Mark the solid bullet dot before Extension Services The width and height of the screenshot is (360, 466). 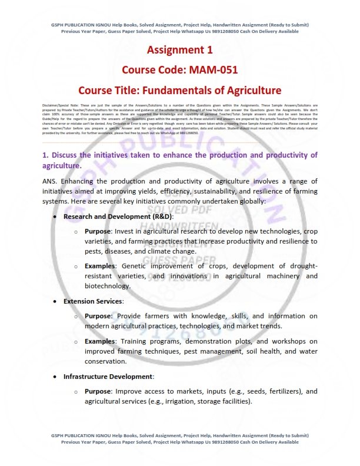tap(55, 301)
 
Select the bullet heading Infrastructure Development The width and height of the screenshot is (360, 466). tap(109, 376)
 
